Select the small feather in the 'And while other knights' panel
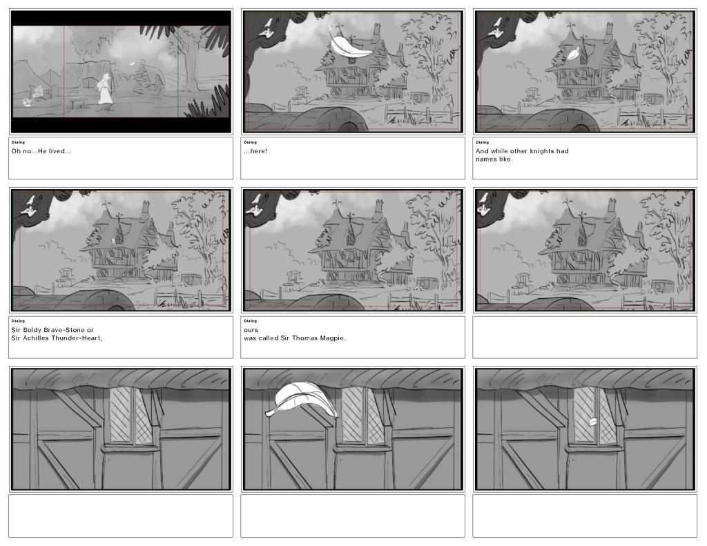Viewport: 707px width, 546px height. click(x=573, y=55)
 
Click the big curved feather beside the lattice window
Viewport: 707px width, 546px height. click(x=301, y=400)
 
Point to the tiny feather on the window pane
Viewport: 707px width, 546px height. click(x=593, y=422)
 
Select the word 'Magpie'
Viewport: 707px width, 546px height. click(x=333, y=338)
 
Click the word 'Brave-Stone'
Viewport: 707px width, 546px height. click(x=64, y=330)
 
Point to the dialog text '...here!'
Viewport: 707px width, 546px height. click(x=255, y=151)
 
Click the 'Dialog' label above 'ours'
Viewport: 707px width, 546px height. click(x=250, y=321)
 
